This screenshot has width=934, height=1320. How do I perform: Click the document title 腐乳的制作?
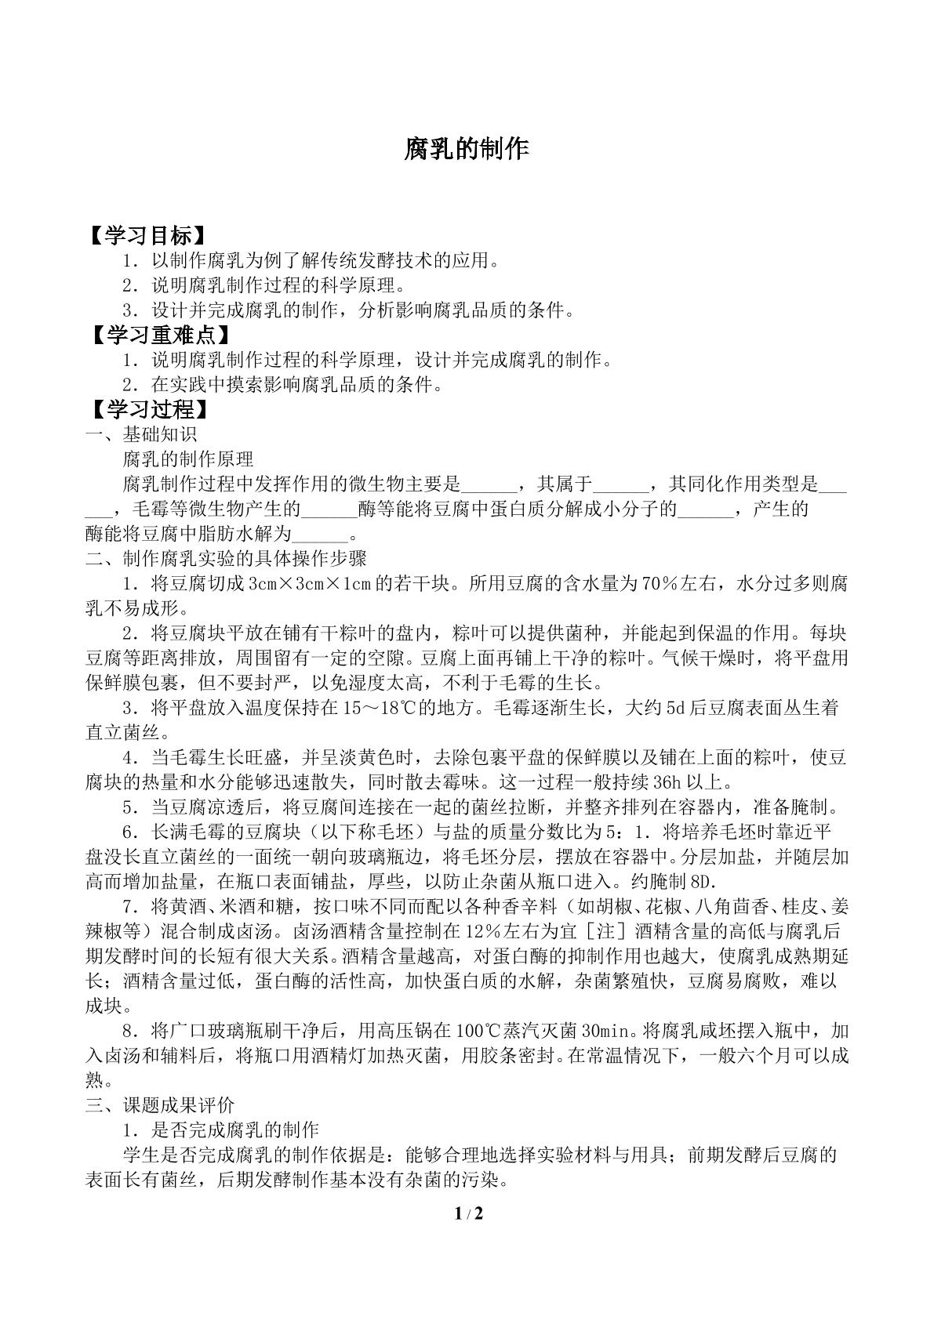(x=467, y=149)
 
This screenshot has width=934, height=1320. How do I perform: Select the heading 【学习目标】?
(x=149, y=235)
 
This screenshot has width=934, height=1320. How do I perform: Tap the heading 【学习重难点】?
(x=162, y=335)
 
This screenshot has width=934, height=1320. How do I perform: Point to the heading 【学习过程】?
(x=149, y=409)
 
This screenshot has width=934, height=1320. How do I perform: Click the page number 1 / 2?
(x=467, y=1236)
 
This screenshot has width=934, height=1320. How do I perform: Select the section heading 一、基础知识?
(x=141, y=434)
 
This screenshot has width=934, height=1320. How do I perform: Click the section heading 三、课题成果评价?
(x=160, y=1105)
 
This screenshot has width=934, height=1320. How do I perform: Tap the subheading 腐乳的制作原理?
(x=188, y=459)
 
